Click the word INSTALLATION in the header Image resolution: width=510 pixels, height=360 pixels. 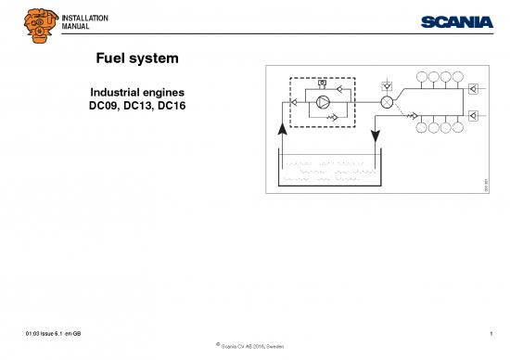(x=84, y=18)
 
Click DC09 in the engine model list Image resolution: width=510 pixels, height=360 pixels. (x=95, y=108)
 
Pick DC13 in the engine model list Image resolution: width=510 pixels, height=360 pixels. (x=136, y=108)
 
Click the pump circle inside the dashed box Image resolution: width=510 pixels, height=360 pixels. (x=324, y=102)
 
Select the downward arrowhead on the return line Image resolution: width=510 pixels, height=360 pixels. (x=374, y=137)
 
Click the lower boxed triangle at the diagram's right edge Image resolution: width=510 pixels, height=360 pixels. (x=474, y=115)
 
